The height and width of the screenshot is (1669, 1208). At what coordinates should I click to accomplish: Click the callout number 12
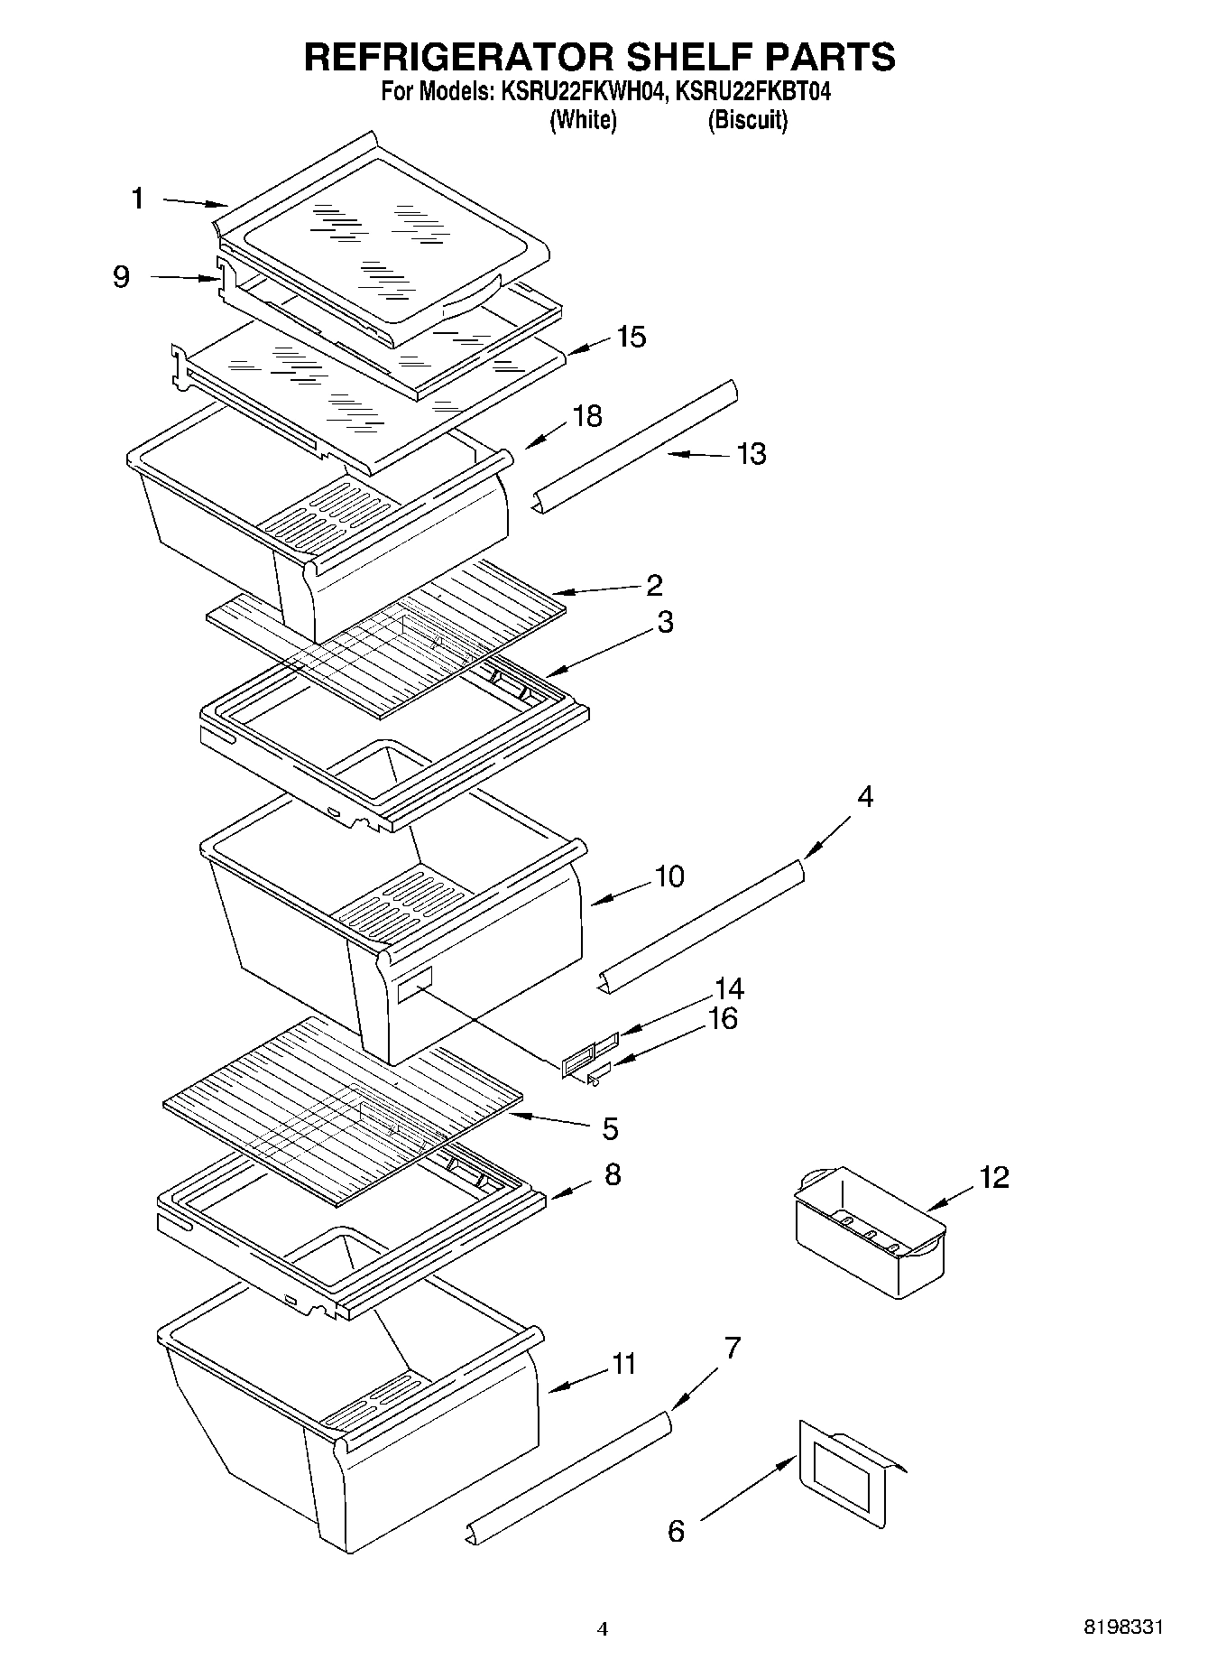[x=994, y=1177]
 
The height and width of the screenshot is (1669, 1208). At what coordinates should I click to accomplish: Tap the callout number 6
[x=676, y=1531]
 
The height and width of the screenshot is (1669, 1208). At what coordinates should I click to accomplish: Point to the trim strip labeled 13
[x=637, y=446]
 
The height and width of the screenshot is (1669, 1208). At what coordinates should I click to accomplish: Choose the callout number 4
[x=865, y=797]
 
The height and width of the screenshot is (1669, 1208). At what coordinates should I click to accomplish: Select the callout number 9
[x=121, y=276]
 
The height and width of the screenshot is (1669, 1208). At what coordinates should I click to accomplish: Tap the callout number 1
[x=137, y=198]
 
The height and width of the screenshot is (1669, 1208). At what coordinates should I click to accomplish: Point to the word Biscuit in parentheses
[x=747, y=120]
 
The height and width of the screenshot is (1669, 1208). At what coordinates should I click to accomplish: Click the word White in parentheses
[x=584, y=120]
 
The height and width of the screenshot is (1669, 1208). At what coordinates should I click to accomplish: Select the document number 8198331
[x=1123, y=1628]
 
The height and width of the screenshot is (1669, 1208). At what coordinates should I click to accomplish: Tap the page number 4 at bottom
[x=603, y=1629]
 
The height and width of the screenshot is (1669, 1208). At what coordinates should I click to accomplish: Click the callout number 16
[x=723, y=1018]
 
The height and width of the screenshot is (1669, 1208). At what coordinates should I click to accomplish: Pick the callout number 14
[x=729, y=988]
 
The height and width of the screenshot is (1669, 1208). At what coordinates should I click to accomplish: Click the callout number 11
[x=623, y=1363]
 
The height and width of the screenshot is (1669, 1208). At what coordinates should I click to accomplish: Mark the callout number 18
[x=587, y=416]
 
